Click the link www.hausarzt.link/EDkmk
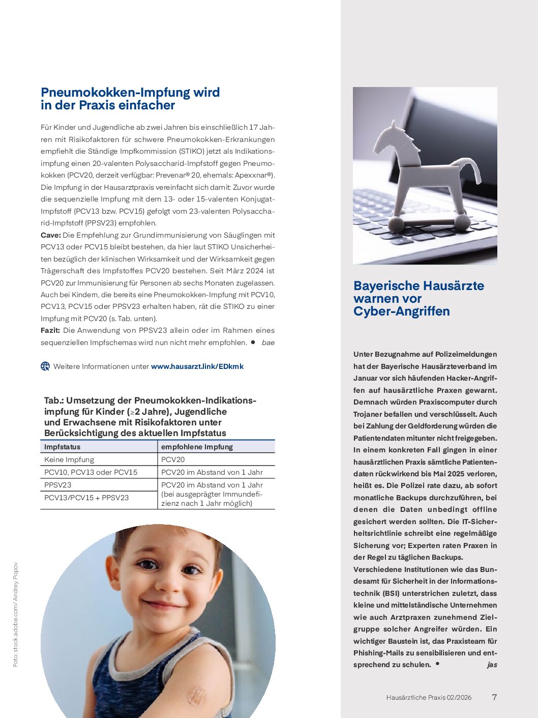[x=197, y=366]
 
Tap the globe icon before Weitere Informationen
[x=45, y=366]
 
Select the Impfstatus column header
[x=62, y=447]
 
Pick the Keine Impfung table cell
[x=69, y=459]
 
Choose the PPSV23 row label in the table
[x=58, y=485]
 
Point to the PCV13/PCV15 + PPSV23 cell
[x=86, y=498]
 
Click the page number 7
[x=494, y=697]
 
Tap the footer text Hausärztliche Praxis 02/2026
[x=429, y=698]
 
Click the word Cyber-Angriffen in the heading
[x=402, y=311]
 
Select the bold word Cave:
[x=51, y=235]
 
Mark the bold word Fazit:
[x=50, y=330]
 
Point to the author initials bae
[x=268, y=342]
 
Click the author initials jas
[x=492, y=665]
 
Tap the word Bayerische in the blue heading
[x=388, y=286]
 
